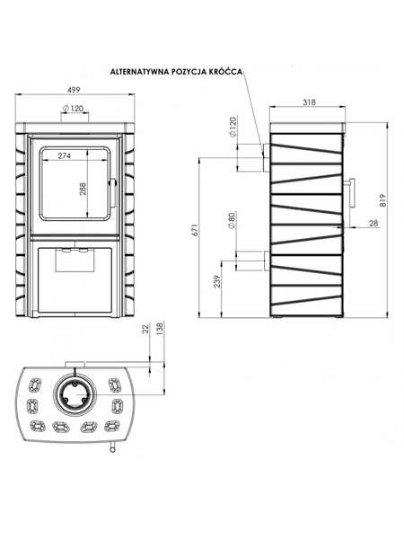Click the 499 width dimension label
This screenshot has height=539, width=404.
tap(74, 90)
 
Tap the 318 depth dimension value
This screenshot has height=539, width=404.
tap(309, 102)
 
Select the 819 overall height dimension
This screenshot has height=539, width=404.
tap(383, 200)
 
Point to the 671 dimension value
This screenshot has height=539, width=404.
tap(195, 230)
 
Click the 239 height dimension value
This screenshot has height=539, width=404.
tap(216, 282)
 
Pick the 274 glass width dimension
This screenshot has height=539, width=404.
tap(65, 155)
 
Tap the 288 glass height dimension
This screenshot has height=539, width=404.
tap(83, 189)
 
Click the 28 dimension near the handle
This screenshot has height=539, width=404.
tap(373, 223)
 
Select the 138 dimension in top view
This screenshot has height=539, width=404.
tap(159, 329)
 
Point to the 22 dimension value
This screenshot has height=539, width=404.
tap(145, 329)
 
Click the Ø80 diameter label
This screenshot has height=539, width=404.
tap(232, 221)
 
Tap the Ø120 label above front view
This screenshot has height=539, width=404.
tap(74, 109)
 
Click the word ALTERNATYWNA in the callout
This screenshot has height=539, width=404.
tap(139, 72)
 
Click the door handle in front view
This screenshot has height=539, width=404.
tap(112, 192)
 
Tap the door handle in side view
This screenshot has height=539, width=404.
tap(351, 193)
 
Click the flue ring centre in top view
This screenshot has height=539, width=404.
tap(75, 394)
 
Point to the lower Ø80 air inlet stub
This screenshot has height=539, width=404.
tap(267, 261)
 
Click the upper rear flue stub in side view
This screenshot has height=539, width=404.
tap(266, 157)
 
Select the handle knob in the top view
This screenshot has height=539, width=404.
tap(112, 448)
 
